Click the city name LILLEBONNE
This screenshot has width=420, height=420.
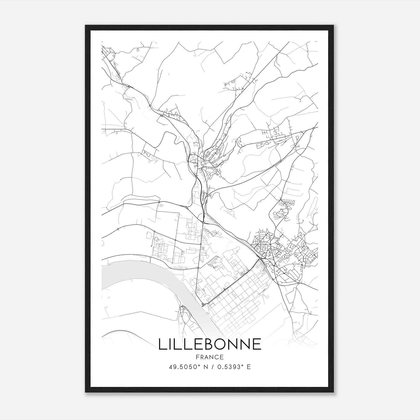pyautogui.click(x=210, y=344)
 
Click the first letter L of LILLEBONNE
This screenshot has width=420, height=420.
pyautogui.click(x=163, y=344)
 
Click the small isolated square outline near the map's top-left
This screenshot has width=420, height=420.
pyautogui.click(x=138, y=49)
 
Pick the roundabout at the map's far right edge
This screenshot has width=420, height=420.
pyautogui.click(x=314, y=128)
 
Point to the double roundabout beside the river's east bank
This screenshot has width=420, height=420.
pyautogui.click(x=203, y=304)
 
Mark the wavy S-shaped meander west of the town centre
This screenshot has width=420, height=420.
pyautogui.click(x=171, y=139)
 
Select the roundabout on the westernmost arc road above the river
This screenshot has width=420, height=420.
pyautogui.click(x=118, y=229)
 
